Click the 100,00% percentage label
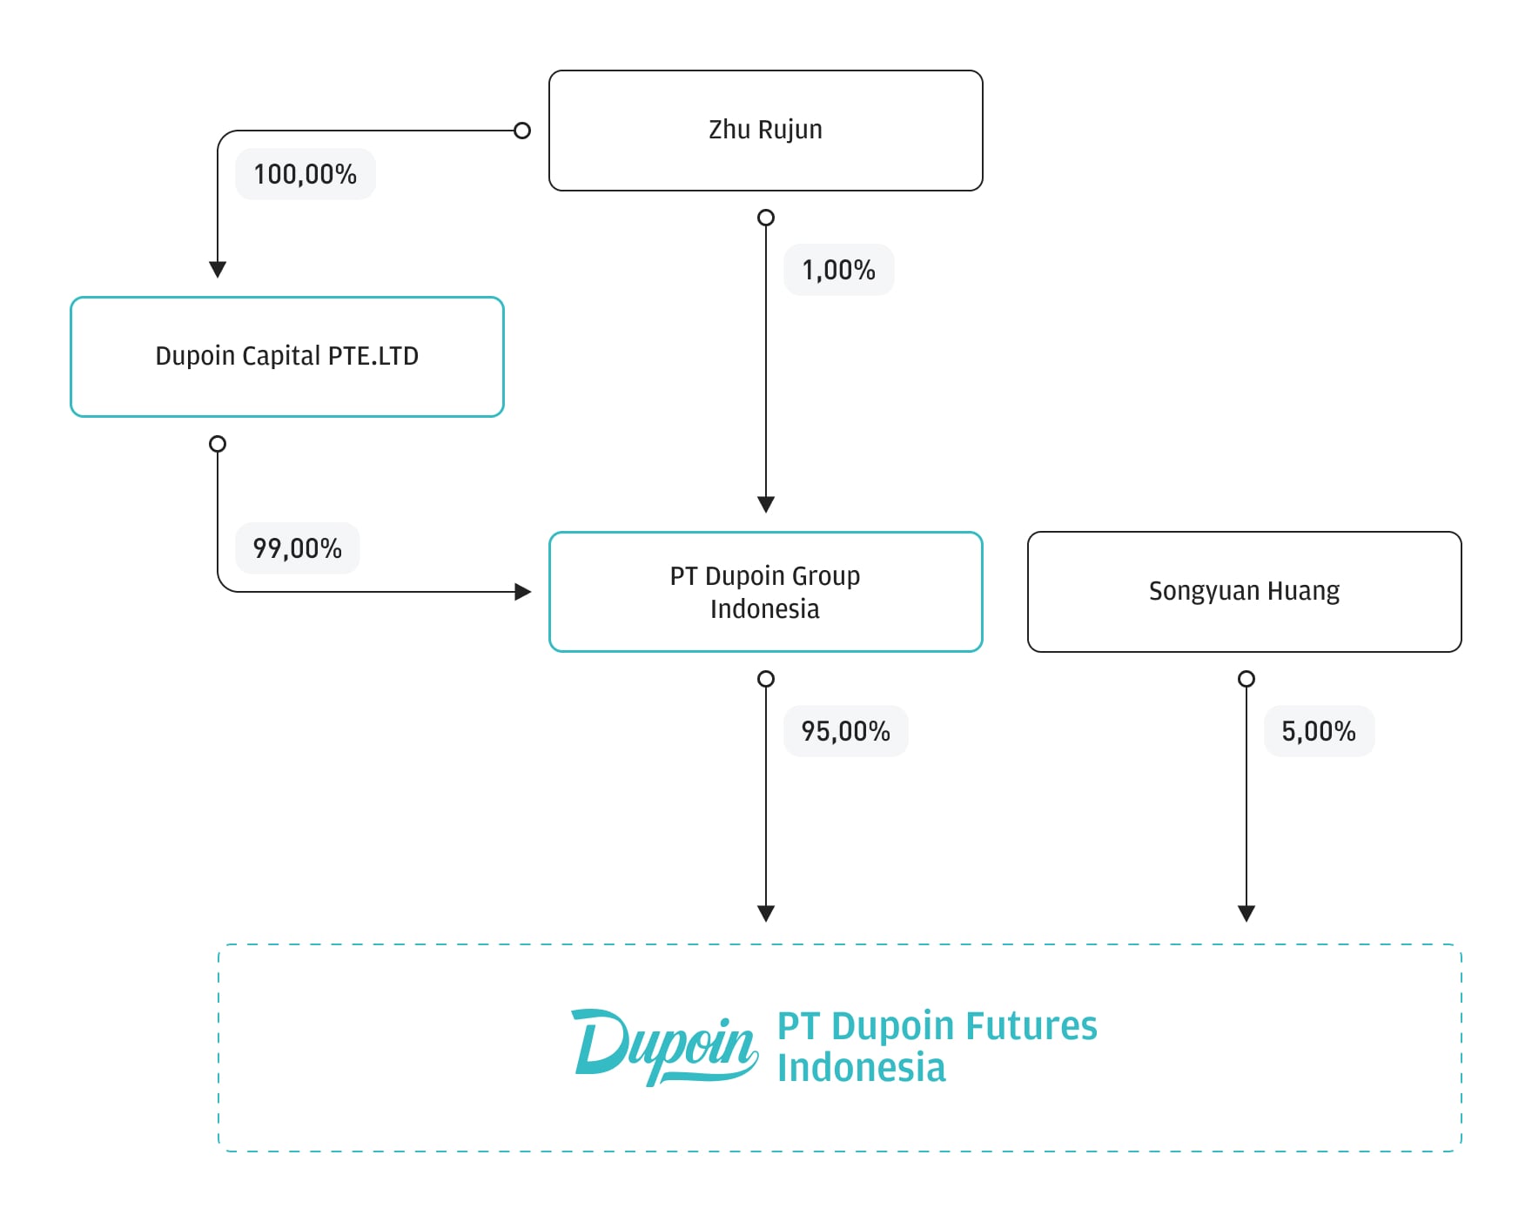(x=306, y=174)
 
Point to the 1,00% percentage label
(x=839, y=270)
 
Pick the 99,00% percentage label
(x=298, y=548)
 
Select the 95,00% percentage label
(x=846, y=731)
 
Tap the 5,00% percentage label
(x=1320, y=731)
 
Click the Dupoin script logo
(x=665, y=1047)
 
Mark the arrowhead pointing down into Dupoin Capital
(x=218, y=270)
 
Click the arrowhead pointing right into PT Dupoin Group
(x=523, y=592)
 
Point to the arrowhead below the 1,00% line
(x=766, y=505)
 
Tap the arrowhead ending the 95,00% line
(x=766, y=914)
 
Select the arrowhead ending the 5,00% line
(x=1246, y=914)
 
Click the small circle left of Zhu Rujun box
(x=522, y=131)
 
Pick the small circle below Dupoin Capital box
(x=218, y=444)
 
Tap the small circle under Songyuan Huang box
(x=1246, y=679)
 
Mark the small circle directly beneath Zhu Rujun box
(x=766, y=218)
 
